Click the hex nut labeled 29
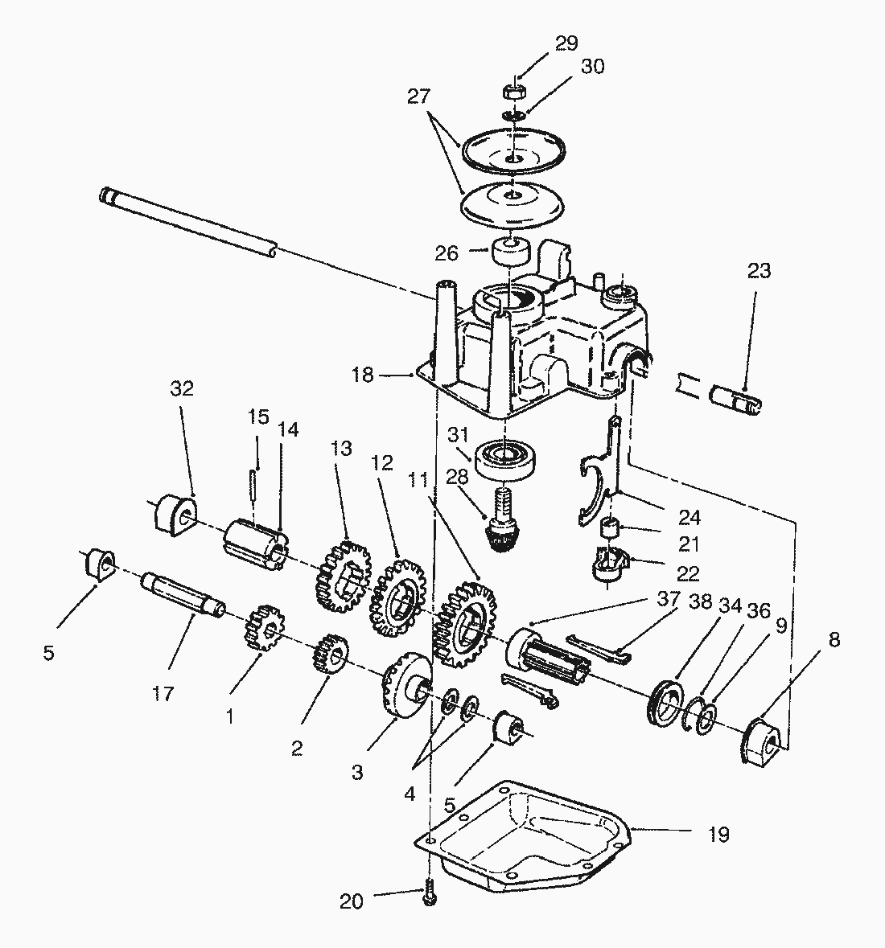pyautogui.click(x=513, y=92)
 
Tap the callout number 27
pyautogui.click(x=418, y=96)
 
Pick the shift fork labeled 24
pyautogui.click(x=596, y=471)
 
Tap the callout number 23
pyautogui.click(x=759, y=271)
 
